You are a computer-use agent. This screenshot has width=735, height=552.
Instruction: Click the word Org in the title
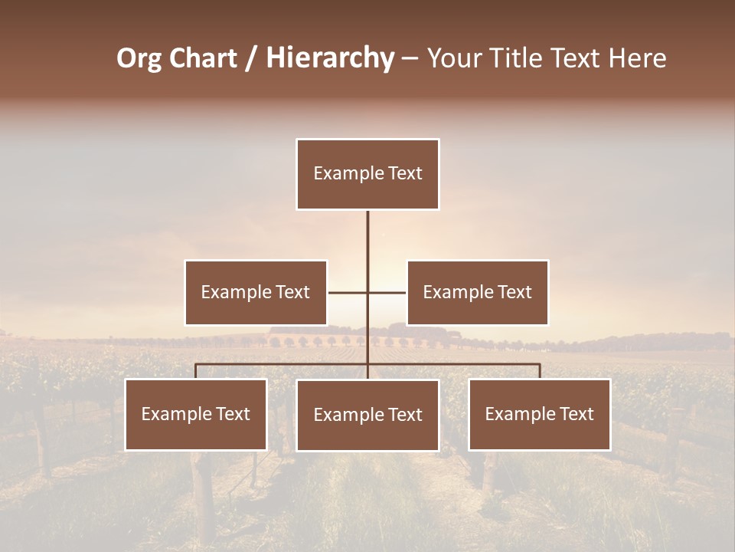point(139,58)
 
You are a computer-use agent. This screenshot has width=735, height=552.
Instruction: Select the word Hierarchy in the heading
point(330,58)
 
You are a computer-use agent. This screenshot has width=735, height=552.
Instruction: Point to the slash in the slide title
point(251,58)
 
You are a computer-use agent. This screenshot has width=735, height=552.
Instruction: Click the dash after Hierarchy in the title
point(410,58)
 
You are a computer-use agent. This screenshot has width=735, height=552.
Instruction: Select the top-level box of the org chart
point(367,174)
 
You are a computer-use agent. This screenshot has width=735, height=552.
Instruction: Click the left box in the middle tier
point(256,293)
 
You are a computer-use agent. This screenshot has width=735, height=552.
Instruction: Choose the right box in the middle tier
point(477,293)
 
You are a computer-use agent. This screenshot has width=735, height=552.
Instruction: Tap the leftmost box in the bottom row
point(196,415)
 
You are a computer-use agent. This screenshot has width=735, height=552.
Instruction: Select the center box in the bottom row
point(367,416)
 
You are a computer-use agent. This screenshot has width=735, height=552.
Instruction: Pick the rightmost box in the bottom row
point(539,415)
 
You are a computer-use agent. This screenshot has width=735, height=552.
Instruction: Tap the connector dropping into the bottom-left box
point(196,371)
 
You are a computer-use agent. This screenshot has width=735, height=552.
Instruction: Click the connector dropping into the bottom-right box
point(540,371)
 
